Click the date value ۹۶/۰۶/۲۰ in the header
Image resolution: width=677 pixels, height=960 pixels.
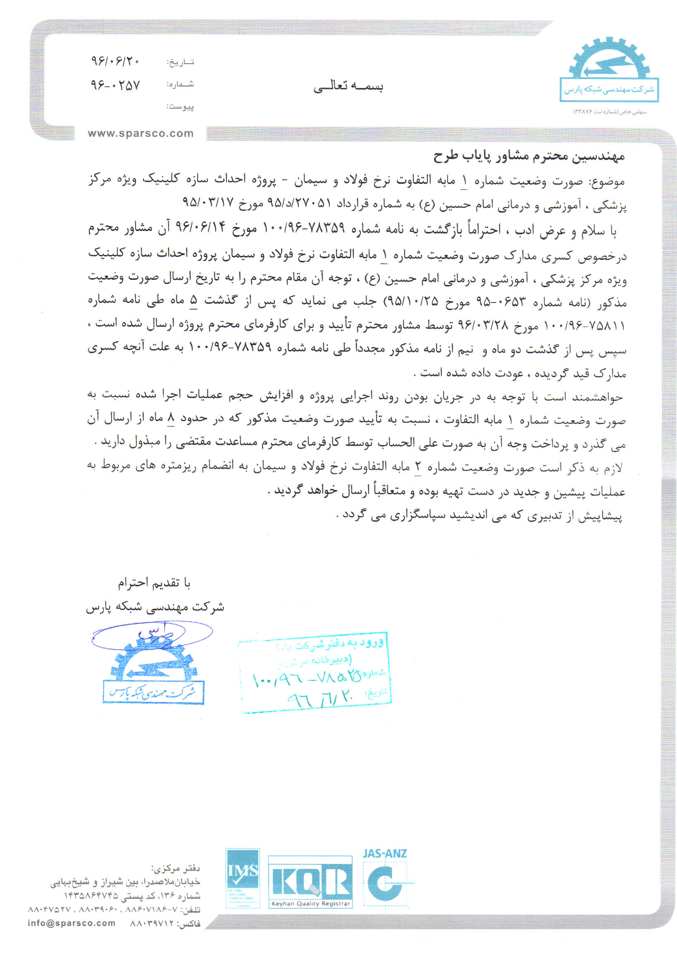[115, 62]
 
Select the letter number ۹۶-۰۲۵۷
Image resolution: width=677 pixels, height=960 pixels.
[115, 85]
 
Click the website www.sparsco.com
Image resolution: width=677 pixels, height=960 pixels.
[141, 133]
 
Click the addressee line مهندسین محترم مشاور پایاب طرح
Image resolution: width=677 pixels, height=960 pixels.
[529, 156]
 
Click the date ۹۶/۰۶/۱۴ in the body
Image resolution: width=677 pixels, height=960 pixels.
[200, 228]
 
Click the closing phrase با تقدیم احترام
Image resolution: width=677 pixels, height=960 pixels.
[154, 583]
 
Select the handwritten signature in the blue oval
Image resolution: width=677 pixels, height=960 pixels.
[152, 635]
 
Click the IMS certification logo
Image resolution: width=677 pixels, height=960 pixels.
[243, 878]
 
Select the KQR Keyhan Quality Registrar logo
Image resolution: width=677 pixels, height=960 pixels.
[310, 881]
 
